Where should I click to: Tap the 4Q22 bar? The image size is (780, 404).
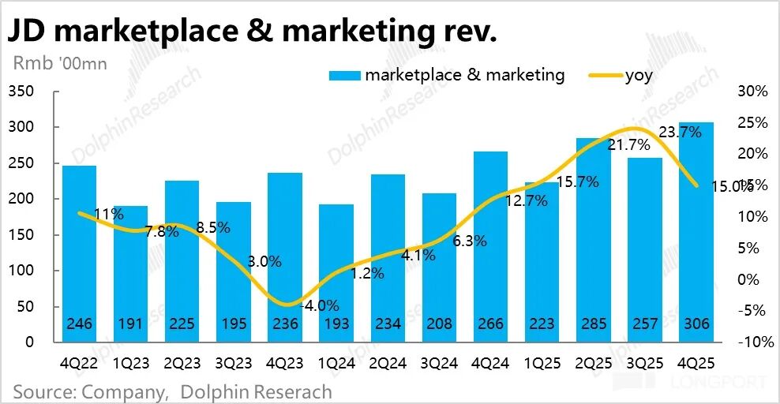point(80,253)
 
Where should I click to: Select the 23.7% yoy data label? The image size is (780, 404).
point(680,133)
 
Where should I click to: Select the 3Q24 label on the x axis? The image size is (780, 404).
point(440,365)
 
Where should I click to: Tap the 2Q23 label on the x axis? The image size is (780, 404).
point(182,365)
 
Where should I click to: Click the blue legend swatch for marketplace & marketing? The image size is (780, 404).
point(343,76)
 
